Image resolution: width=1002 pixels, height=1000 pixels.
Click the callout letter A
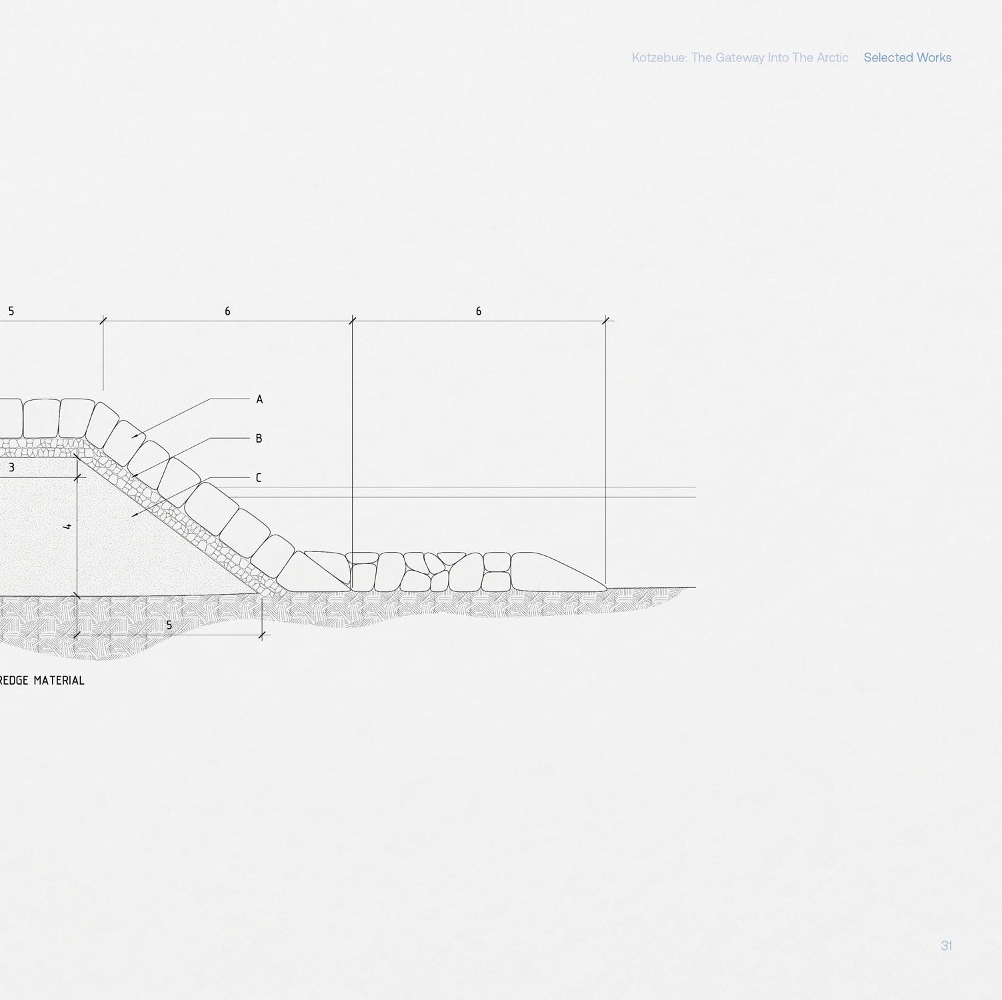pyautogui.click(x=259, y=399)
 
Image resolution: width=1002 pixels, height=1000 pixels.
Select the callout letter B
pyautogui.click(x=259, y=439)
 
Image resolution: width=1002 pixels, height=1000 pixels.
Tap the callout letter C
pyautogui.click(x=259, y=478)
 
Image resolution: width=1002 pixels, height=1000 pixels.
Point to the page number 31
pyautogui.click(x=946, y=945)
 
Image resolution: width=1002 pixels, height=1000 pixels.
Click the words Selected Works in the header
pyautogui.click(x=907, y=57)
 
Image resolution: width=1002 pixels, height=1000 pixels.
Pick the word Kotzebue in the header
pyautogui.click(x=659, y=57)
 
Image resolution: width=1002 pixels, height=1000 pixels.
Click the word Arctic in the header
pyautogui.click(x=832, y=57)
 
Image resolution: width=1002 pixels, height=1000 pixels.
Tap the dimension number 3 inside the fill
pyautogui.click(x=11, y=468)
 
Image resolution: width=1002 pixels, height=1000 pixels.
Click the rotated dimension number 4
pyautogui.click(x=67, y=527)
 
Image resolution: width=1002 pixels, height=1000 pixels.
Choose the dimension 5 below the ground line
pyautogui.click(x=169, y=625)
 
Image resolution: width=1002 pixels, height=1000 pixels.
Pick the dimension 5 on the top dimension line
pyautogui.click(x=11, y=311)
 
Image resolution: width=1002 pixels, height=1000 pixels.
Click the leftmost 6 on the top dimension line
pyautogui.click(x=227, y=311)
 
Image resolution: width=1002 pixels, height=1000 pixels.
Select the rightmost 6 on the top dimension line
pyautogui.click(x=478, y=311)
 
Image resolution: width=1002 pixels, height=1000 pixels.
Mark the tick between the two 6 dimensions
pyautogui.click(x=353, y=321)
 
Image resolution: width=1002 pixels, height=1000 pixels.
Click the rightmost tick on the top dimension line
pyautogui.click(x=605, y=321)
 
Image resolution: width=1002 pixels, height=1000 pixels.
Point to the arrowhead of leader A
pyautogui.click(x=134, y=437)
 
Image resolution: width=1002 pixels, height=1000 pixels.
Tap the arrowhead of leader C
pyautogui.click(x=134, y=515)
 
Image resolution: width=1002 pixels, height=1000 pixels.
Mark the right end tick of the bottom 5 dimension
pyautogui.click(x=263, y=635)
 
